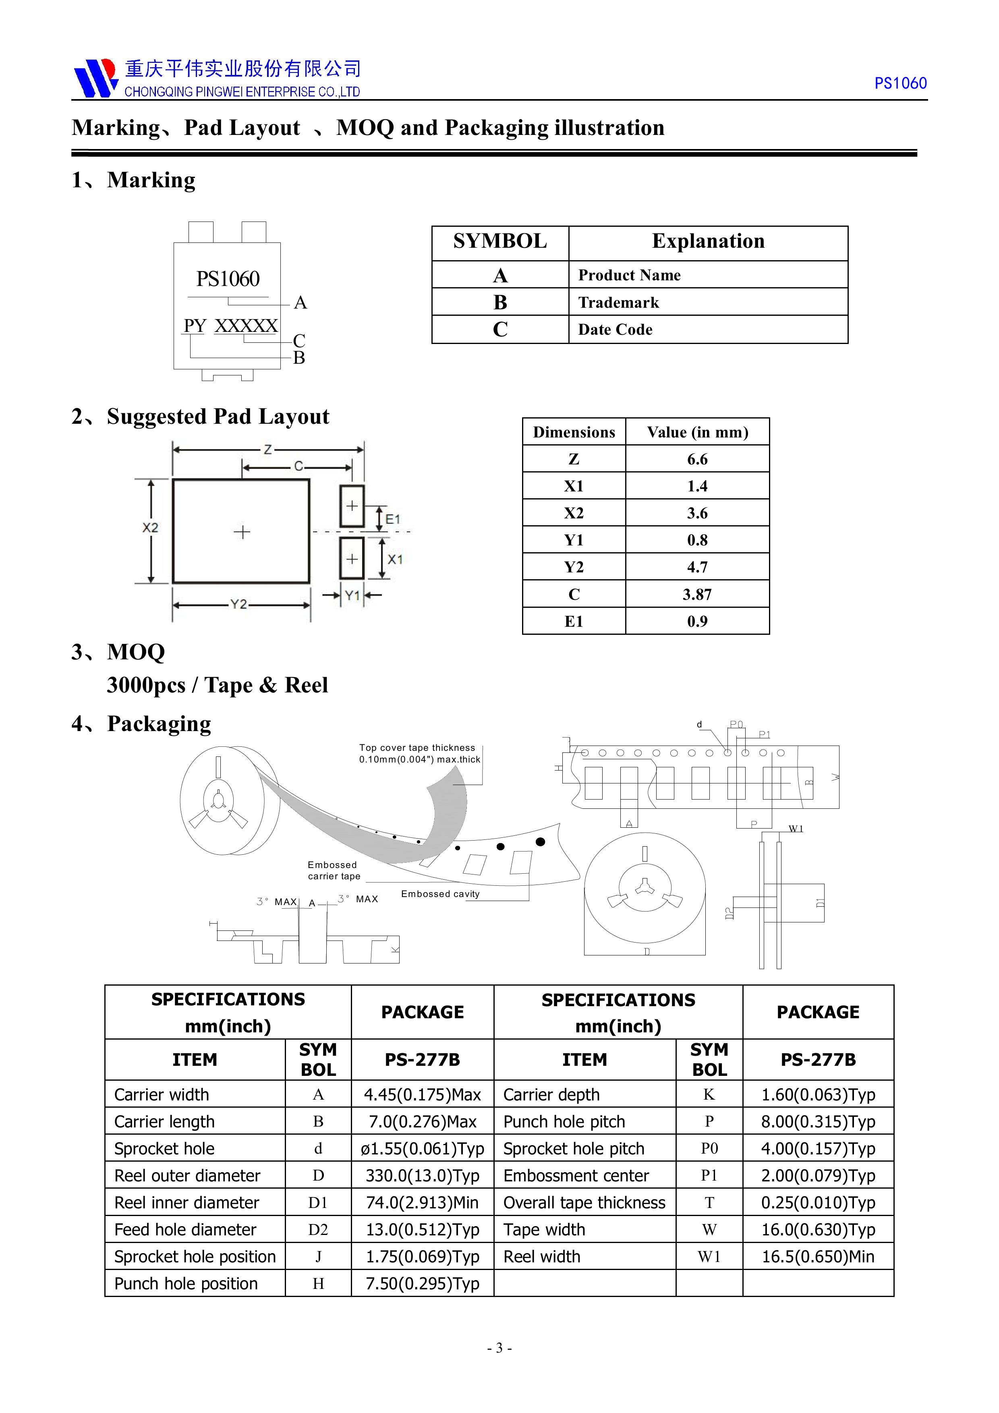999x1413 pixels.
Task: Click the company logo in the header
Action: point(95,78)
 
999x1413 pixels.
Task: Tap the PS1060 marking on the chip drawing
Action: point(228,279)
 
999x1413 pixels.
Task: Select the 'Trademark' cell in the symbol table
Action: point(619,302)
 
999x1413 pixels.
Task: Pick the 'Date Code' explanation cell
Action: point(615,330)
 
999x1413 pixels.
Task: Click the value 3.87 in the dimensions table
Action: point(697,595)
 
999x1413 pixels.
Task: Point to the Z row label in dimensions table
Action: point(574,459)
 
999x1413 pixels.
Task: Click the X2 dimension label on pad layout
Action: point(150,527)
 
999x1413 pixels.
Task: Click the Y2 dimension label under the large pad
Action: point(239,604)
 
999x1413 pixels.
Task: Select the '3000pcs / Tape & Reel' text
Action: point(217,685)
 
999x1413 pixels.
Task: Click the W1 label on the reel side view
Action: point(796,829)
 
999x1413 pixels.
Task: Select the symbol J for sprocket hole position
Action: point(318,1257)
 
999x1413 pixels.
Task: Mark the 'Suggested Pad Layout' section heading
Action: point(218,416)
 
